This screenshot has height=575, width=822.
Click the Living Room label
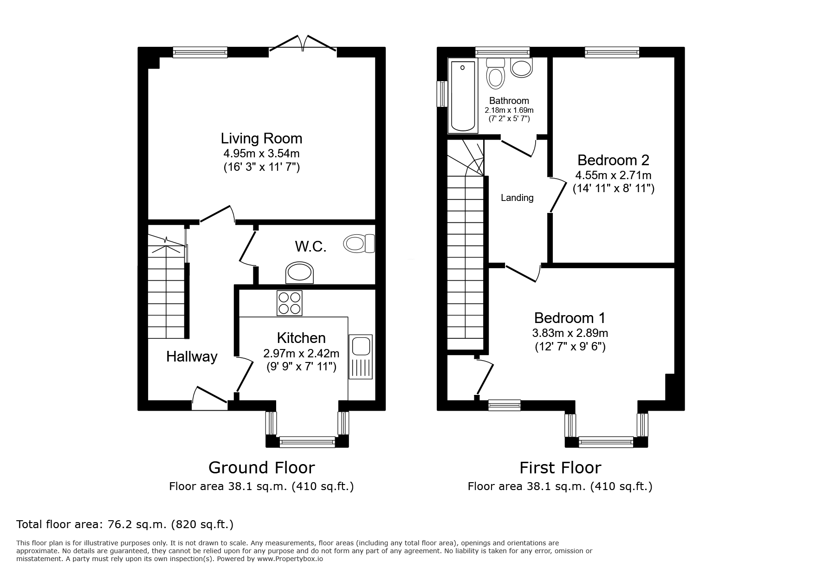(x=261, y=138)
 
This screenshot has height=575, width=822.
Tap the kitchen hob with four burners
(x=289, y=303)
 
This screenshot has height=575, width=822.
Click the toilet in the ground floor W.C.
(x=359, y=243)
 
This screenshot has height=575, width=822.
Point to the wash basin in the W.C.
(x=299, y=273)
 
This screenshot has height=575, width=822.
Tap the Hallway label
(x=192, y=356)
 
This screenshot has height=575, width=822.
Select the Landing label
(x=517, y=198)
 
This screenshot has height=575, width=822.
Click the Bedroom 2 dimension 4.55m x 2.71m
(x=613, y=175)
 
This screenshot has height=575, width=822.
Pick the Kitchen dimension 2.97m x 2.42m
(x=301, y=353)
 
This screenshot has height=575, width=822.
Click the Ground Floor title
(x=261, y=467)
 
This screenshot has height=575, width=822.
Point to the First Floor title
(x=560, y=467)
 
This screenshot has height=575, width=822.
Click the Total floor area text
(x=125, y=524)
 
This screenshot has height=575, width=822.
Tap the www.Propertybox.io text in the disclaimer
(x=290, y=559)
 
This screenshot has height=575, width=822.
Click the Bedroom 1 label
(x=570, y=318)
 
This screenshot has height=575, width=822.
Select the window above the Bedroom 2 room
(x=612, y=52)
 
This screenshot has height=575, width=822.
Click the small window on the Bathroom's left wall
(x=442, y=94)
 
